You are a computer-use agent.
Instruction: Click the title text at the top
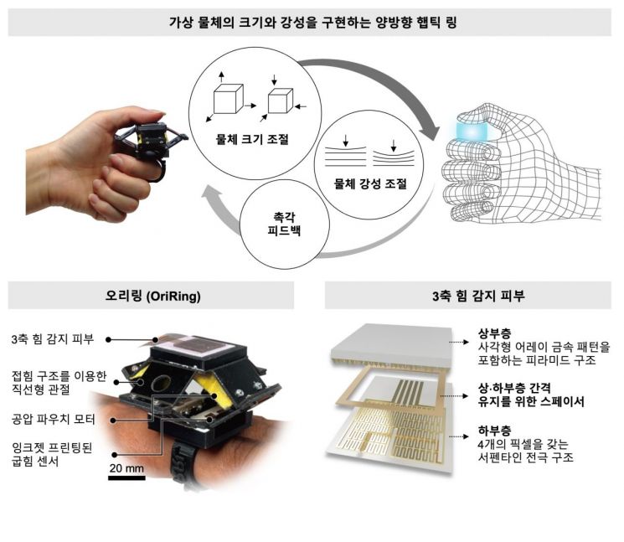312,20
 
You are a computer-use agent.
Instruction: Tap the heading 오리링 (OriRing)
152,296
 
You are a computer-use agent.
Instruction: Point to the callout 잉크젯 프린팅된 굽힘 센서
57,452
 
